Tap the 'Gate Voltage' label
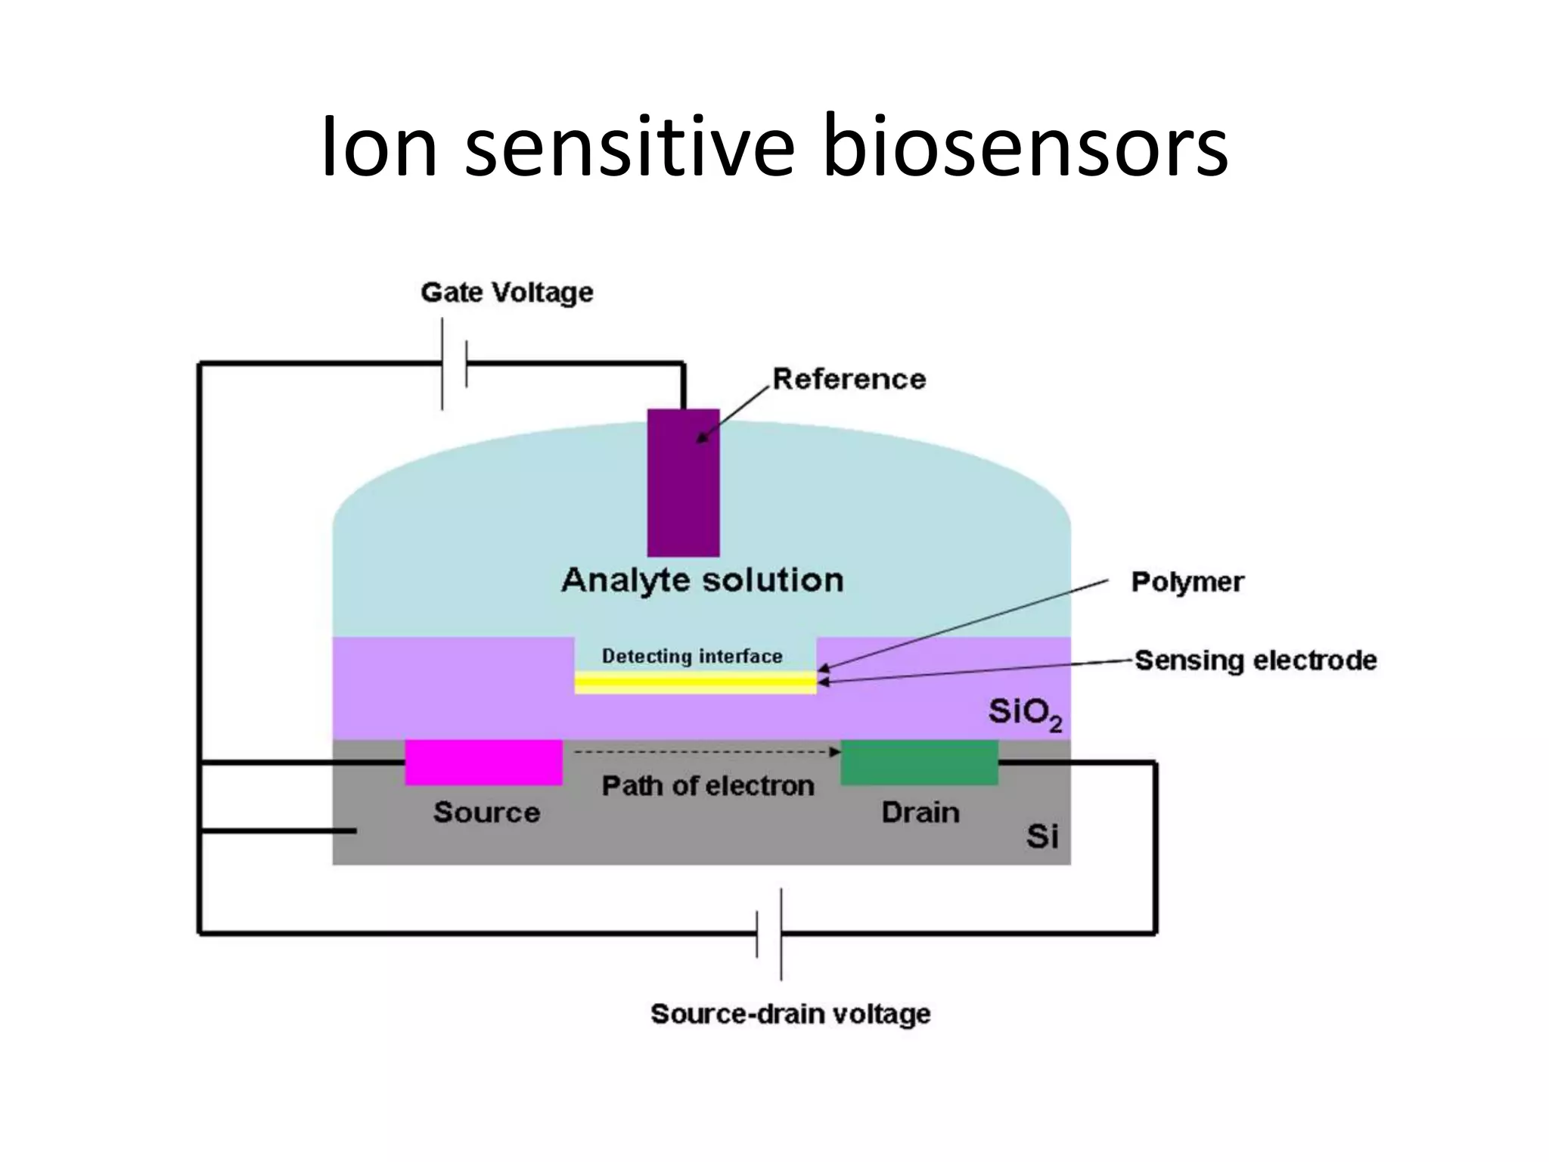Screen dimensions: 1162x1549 (x=507, y=293)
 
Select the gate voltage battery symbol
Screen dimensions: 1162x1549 (x=454, y=364)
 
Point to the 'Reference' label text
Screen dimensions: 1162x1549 (x=849, y=379)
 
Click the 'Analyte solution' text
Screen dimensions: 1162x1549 (x=702, y=581)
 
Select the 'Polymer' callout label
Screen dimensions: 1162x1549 (x=1187, y=582)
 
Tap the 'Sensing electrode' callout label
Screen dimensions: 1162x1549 (x=1256, y=660)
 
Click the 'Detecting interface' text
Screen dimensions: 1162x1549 (x=692, y=656)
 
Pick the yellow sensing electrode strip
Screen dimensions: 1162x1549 (x=695, y=683)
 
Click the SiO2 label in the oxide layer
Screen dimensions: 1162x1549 (x=1024, y=713)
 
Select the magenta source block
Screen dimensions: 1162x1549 (x=484, y=763)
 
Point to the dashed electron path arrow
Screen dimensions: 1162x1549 (x=706, y=752)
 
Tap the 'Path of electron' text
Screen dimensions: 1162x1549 (x=708, y=786)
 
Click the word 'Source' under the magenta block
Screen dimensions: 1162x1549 (x=486, y=812)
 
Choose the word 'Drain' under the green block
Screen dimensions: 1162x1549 (x=920, y=812)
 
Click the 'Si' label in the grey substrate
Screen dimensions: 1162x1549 (x=1041, y=837)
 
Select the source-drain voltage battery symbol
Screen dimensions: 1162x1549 (x=769, y=934)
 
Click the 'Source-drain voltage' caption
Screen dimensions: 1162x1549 (x=790, y=1014)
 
